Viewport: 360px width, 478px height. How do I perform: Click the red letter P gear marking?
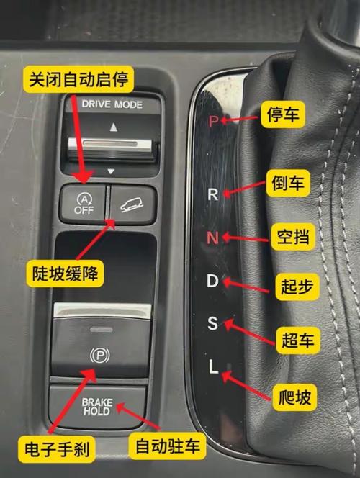pos(212,121)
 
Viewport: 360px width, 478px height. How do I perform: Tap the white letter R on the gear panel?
pos(212,194)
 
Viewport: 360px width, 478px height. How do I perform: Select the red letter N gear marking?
pos(212,237)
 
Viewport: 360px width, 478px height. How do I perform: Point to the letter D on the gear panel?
pos(212,281)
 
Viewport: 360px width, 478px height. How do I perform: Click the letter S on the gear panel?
pos(212,324)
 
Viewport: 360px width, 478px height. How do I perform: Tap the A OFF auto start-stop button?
pos(84,202)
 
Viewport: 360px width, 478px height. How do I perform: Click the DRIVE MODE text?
pos(112,104)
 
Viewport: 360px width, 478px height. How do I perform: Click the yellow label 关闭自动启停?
pos(78,79)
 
